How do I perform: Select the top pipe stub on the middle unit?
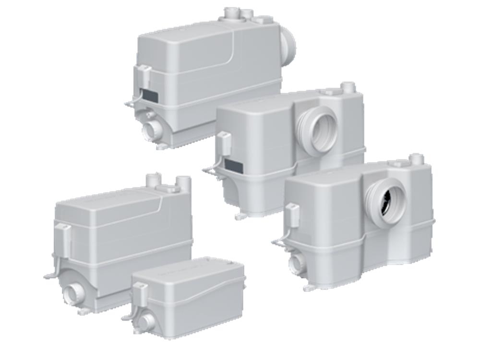point(348,88)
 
